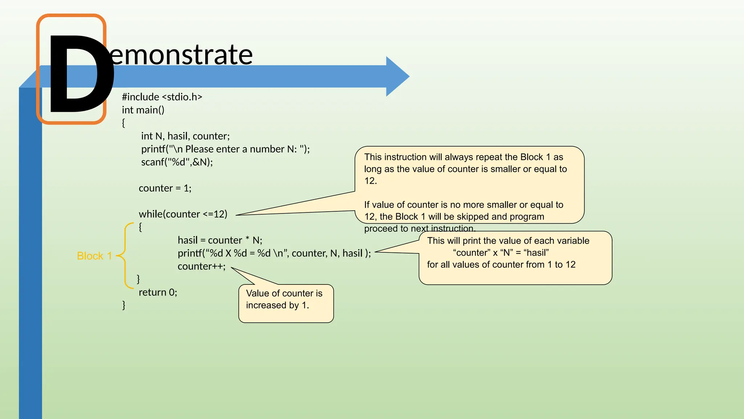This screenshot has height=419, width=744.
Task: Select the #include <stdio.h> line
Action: [162, 97]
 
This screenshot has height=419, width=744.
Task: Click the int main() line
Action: [143, 110]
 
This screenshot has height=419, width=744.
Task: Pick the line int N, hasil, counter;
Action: [185, 136]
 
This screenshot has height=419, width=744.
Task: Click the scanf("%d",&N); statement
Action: [177, 162]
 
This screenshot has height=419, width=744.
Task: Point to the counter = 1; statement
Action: [165, 188]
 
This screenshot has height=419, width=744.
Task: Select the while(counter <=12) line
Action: [183, 214]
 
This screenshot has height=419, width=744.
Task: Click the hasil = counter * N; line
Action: [220, 240]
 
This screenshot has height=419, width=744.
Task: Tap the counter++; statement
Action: [201, 267]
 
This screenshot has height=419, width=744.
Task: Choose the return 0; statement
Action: [158, 292]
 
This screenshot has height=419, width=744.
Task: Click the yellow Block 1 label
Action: [94, 256]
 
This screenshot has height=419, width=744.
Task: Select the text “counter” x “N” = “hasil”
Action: [501, 253]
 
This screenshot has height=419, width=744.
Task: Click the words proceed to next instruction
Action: [420, 229]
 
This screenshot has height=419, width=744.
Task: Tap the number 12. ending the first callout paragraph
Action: [371, 181]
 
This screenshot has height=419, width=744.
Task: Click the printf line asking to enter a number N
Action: [225, 149]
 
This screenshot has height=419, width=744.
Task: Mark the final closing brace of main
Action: [124, 305]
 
